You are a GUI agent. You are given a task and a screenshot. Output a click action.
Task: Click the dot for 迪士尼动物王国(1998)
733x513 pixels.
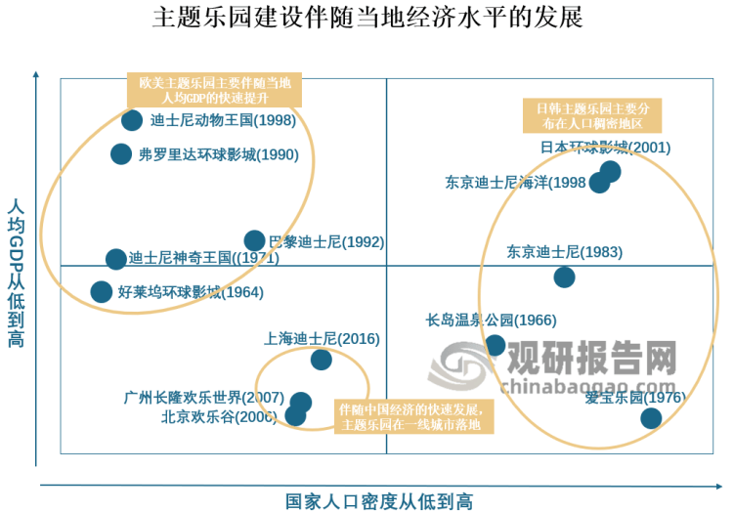(x=132, y=120)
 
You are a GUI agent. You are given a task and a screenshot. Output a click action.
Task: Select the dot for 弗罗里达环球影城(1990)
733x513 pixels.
(x=121, y=153)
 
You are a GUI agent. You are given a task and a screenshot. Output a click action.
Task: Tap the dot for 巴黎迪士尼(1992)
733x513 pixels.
(x=254, y=240)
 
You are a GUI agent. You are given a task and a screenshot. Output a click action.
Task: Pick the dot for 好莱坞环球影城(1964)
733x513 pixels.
(x=101, y=291)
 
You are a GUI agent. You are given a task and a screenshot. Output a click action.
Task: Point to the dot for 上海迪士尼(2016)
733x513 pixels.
(x=321, y=360)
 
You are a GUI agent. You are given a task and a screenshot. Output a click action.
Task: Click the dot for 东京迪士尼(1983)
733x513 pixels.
(x=564, y=277)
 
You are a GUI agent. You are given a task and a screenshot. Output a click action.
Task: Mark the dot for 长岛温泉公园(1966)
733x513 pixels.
(x=496, y=345)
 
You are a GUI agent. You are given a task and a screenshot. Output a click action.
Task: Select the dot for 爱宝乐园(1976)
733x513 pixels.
(x=650, y=418)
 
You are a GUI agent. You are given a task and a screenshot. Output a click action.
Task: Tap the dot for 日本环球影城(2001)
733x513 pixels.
(x=611, y=172)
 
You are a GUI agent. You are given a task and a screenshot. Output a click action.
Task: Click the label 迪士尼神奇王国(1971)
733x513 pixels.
(x=203, y=259)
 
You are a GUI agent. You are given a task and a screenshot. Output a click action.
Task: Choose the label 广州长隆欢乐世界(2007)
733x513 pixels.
(x=204, y=399)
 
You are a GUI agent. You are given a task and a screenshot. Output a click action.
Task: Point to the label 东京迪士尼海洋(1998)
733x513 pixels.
(x=515, y=183)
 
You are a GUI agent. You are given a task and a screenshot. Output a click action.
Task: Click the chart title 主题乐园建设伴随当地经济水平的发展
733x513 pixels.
(x=367, y=20)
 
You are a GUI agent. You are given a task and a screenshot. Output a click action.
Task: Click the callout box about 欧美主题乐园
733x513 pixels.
(x=214, y=91)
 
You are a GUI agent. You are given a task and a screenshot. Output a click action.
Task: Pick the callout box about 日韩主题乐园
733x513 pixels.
(x=592, y=115)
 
